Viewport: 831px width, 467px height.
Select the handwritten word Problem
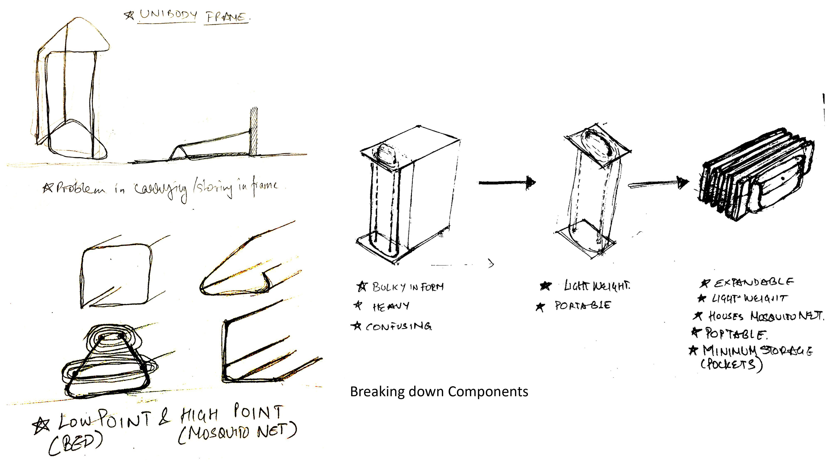81,188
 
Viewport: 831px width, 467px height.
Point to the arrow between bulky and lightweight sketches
506,183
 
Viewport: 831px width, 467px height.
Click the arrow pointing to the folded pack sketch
658,184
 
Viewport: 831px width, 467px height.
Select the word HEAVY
391,306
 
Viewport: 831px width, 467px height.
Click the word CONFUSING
399,326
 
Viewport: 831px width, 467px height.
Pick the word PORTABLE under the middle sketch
583,305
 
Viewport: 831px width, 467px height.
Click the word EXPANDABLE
754,283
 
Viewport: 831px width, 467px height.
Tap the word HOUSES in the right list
726,316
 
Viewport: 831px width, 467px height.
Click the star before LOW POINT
42,425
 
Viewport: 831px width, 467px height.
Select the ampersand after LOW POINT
164,417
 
